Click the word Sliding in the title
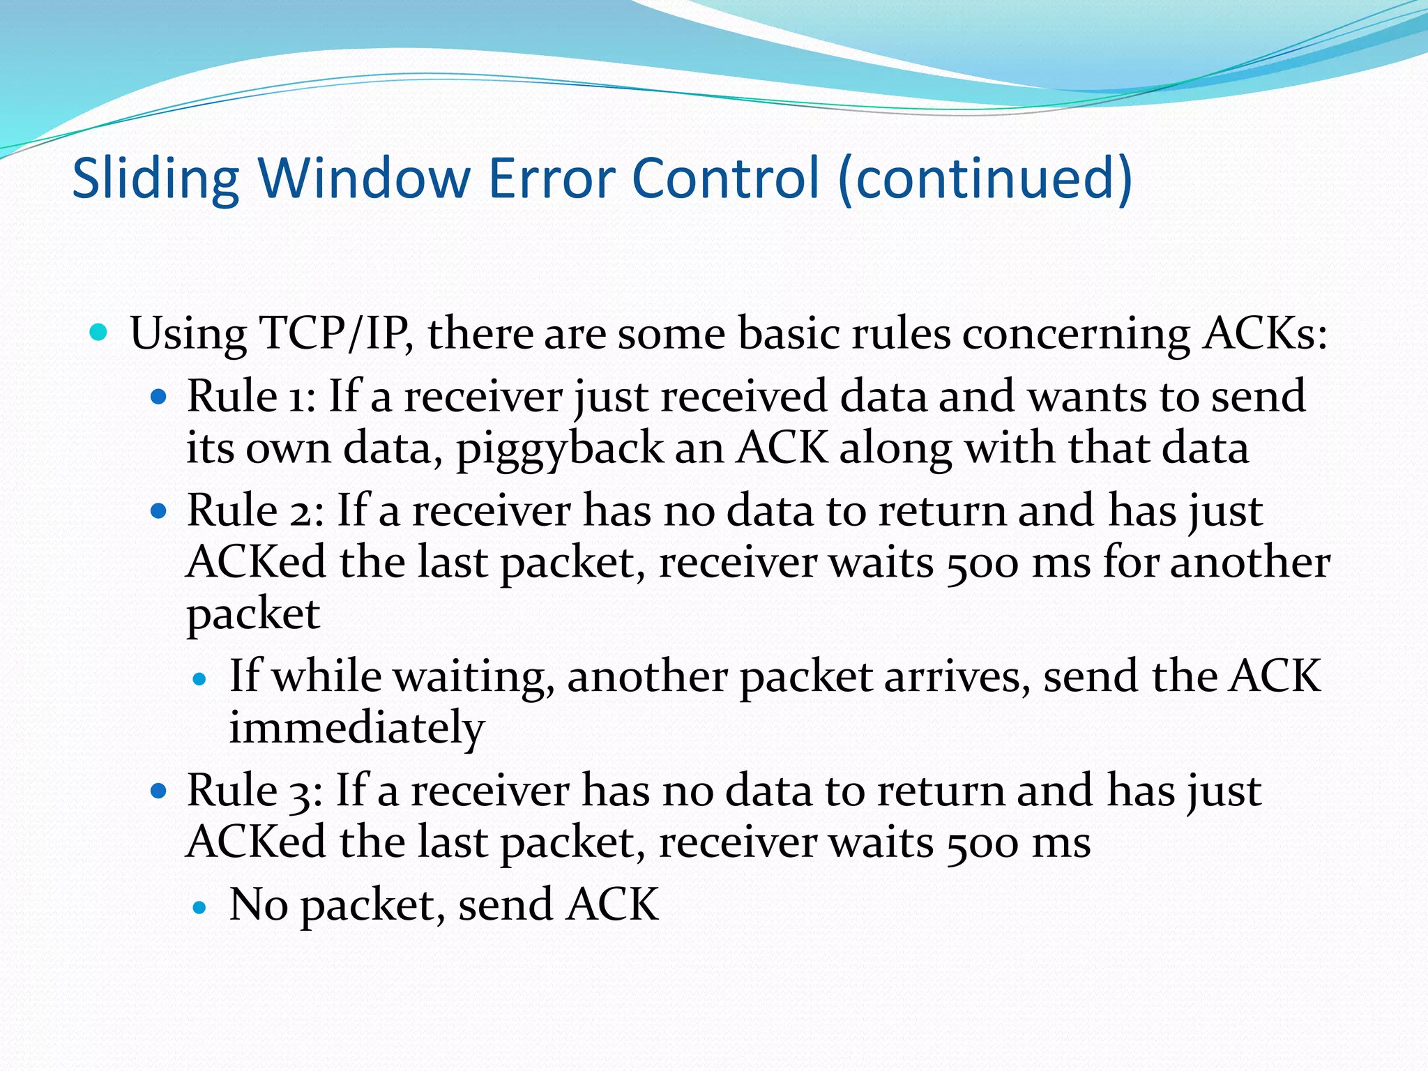pos(155,178)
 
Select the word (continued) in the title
pos(985,178)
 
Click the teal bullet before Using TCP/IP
pos(100,332)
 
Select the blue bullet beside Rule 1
pos(160,397)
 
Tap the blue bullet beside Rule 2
pos(160,512)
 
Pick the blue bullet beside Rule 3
pos(160,791)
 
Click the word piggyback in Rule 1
pos(559,449)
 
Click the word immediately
pos(357,728)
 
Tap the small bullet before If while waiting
pos(201,679)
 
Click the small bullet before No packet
pos(201,907)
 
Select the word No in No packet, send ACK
pos(259,904)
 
